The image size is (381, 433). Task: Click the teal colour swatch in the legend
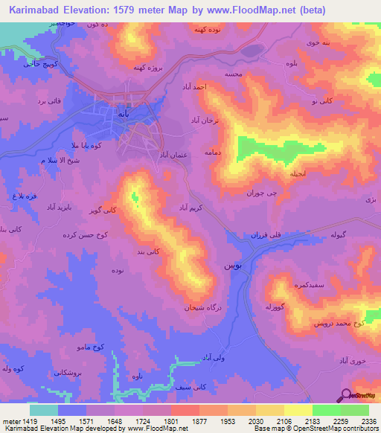(x=43, y=409)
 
